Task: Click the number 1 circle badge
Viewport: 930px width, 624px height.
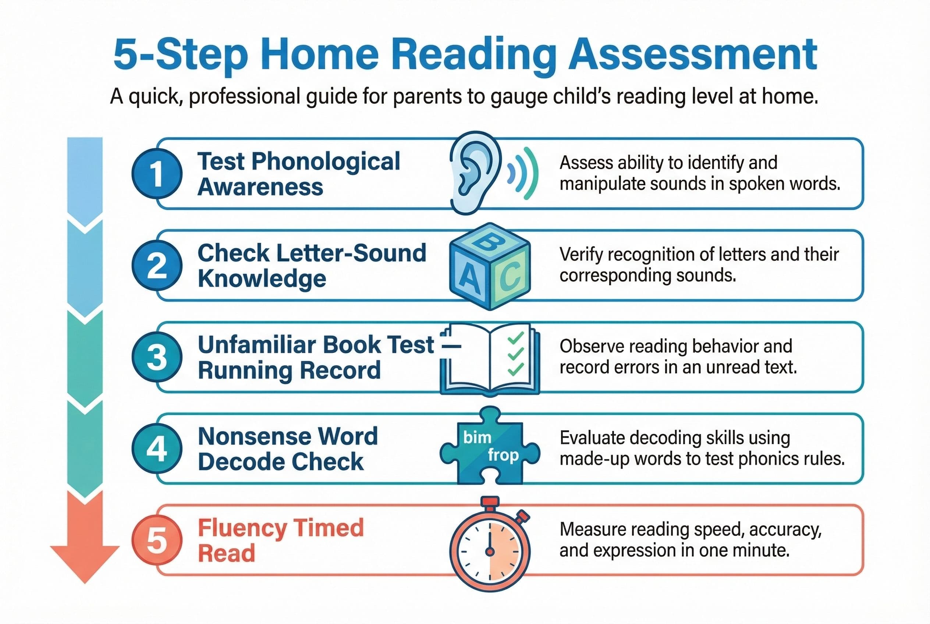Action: tap(157, 174)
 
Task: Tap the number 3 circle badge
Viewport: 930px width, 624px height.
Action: tap(157, 357)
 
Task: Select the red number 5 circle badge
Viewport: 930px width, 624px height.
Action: tap(157, 540)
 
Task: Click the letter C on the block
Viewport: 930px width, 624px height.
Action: tap(512, 277)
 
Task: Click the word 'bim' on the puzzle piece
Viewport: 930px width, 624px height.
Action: tap(477, 437)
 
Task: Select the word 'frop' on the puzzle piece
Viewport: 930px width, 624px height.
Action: tap(503, 454)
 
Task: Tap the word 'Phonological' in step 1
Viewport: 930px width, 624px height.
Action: tap(325, 161)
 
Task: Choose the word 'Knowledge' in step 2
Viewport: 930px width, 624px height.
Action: tap(262, 278)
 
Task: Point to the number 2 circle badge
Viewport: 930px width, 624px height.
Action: tap(157, 265)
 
